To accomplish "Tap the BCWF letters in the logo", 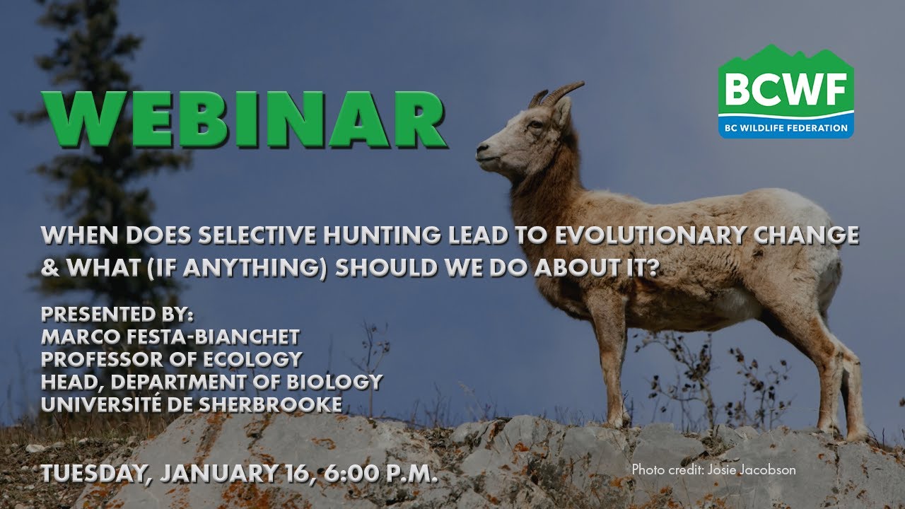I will point(786,91).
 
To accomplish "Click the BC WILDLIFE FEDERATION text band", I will point(786,128).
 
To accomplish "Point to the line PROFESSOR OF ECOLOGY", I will point(172,359).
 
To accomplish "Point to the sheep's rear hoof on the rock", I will point(856,432).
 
